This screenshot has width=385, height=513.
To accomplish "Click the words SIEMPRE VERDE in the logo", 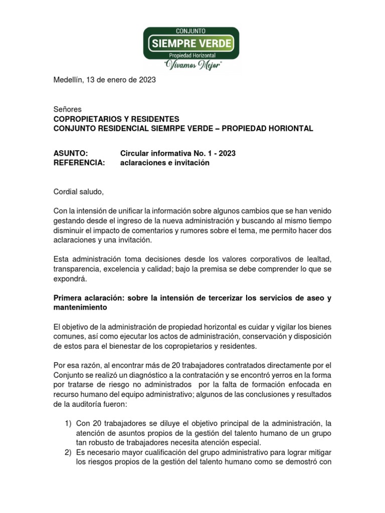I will coord(191,43).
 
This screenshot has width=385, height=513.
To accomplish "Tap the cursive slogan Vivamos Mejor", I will coord(191,65).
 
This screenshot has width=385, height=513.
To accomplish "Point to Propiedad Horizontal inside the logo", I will coord(191,55).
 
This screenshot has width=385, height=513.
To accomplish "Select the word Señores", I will coord(67,109).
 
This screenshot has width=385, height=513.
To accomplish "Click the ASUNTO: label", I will coord(71,153).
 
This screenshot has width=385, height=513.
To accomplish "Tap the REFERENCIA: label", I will coord(79,163).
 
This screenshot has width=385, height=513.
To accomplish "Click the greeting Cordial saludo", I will coord(79,192).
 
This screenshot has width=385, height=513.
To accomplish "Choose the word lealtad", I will coord(318,259).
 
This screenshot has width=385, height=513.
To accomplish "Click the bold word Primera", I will coord(69,298).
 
